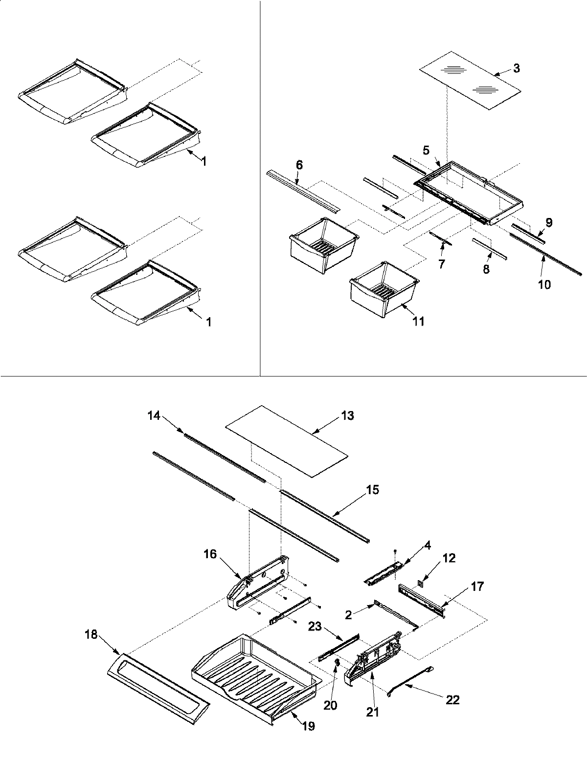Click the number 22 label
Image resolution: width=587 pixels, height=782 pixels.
[x=452, y=700]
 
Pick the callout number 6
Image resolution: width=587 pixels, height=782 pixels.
[x=299, y=165]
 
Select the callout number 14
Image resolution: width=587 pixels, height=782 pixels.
[x=154, y=415]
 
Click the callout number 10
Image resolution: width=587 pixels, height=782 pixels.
[x=544, y=284]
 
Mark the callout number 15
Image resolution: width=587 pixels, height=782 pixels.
[x=372, y=489]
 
